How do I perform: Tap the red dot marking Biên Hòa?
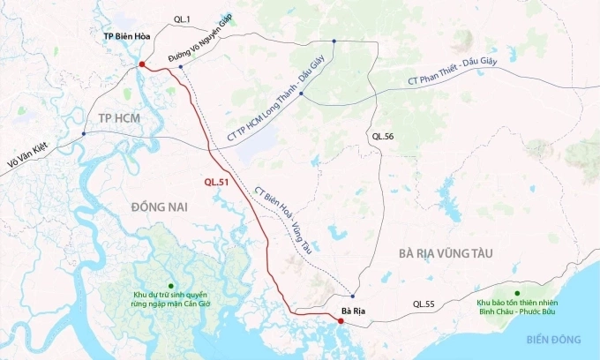point(141,65)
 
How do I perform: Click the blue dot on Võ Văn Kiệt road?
point(83,134)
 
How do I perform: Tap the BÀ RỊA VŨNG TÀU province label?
point(444,254)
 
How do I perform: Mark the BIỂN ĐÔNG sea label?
point(556,340)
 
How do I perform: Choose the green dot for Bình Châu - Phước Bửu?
point(518,293)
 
